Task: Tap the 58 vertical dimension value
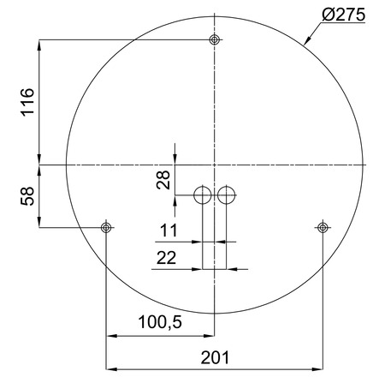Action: pos(27,194)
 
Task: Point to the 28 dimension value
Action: pos(163,178)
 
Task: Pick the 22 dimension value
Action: pos(167,256)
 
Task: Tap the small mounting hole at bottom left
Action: pos(106,227)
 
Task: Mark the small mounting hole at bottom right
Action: pos(323,227)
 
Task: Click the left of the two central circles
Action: pos(203,195)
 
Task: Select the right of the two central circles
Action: pos(226,195)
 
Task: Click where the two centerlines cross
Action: pos(215,164)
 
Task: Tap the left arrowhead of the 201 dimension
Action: pos(109,363)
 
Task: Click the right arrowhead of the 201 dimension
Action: pos(319,363)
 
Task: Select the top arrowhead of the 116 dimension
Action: pos(39,43)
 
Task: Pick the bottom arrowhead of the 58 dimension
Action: pos(39,224)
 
